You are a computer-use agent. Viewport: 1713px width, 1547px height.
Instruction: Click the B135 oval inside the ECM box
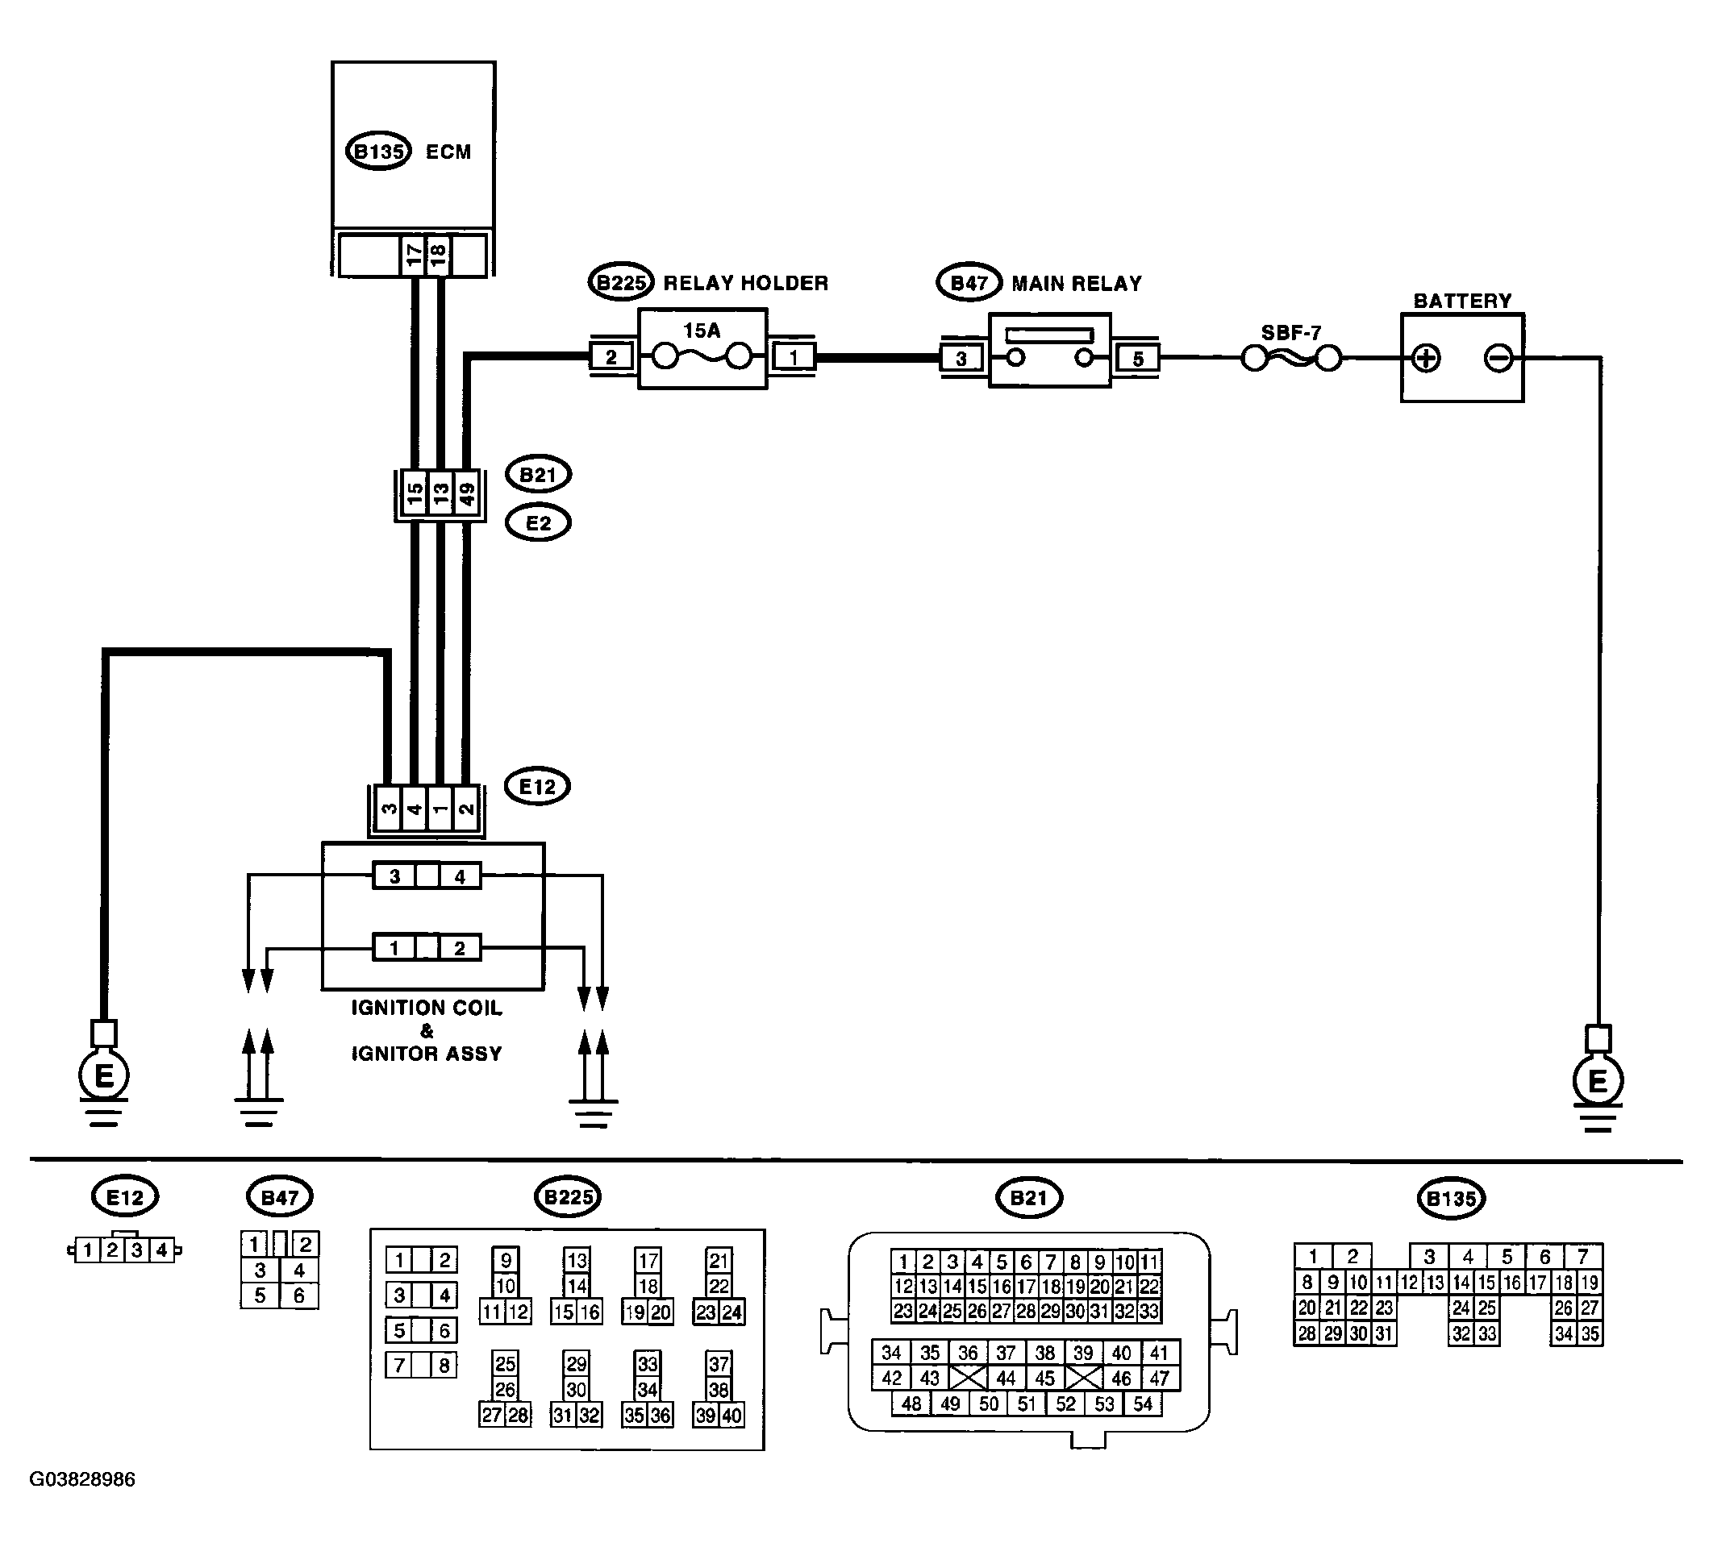pyautogui.click(x=378, y=152)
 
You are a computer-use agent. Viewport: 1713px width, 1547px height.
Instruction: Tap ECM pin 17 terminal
pyautogui.click(x=413, y=254)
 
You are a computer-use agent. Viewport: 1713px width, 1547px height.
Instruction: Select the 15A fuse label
pyautogui.click(x=702, y=331)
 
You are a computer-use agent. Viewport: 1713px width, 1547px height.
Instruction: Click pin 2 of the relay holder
pyautogui.click(x=611, y=357)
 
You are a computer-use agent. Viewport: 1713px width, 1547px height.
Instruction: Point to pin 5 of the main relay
pyautogui.click(x=1138, y=359)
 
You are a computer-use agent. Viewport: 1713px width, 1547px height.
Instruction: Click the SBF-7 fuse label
pyautogui.click(x=1291, y=333)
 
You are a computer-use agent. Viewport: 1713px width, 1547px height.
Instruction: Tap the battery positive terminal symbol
pyautogui.click(x=1426, y=358)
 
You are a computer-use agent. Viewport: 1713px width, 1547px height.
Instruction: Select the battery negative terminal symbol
pyautogui.click(x=1498, y=358)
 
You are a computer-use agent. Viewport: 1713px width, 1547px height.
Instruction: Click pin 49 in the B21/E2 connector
pyautogui.click(x=466, y=493)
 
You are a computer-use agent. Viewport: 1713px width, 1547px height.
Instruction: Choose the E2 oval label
pyautogui.click(x=538, y=523)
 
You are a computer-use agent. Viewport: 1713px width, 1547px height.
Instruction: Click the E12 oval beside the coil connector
pyautogui.click(x=537, y=787)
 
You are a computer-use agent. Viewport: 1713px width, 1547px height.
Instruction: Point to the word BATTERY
pyautogui.click(x=1462, y=301)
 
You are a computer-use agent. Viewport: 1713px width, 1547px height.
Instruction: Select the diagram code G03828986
pyautogui.click(x=82, y=1479)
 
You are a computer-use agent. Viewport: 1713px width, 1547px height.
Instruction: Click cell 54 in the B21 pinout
pyautogui.click(x=1143, y=1404)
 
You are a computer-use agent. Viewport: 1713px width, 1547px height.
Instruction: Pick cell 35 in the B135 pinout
pyautogui.click(x=1590, y=1333)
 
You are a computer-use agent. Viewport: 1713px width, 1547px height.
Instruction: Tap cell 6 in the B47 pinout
pyautogui.click(x=298, y=1295)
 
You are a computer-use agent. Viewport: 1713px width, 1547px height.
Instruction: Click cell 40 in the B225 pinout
pyautogui.click(x=731, y=1416)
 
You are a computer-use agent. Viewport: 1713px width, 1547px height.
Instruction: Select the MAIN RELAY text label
pyautogui.click(x=1077, y=284)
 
